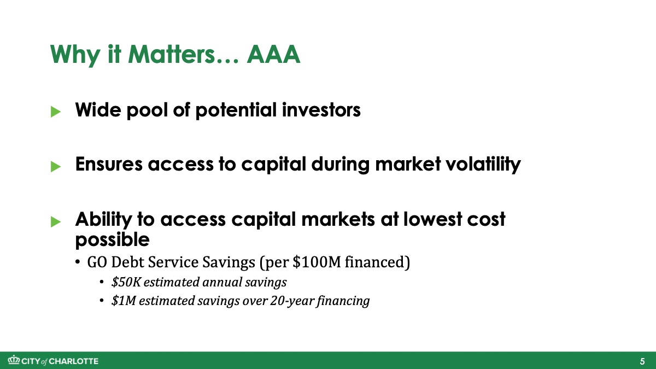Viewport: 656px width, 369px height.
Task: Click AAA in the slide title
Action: pyautogui.click(x=273, y=54)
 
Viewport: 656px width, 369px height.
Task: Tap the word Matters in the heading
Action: pyautogui.click(x=172, y=54)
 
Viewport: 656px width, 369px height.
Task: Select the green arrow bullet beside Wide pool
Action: pyautogui.click(x=56, y=112)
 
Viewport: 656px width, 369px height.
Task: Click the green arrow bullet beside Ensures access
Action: pyautogui.click(x=56, y=166)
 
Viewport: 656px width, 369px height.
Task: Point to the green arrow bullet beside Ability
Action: pyautogui.click(x=56, y=222)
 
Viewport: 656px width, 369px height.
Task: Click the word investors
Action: pyautogui.click(x=321, y=110)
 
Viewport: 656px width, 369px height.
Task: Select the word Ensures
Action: pyautogui.click(x=109, y=164)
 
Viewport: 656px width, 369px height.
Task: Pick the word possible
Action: pyautogui.click(x=113, y=239)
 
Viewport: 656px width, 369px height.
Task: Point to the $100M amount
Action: pyautogui.click(x=317, y=261)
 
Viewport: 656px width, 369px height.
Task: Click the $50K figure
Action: pyautogui.click(x=126, y=282)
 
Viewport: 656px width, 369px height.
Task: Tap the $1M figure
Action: pyautogui.click(x=124, y=301)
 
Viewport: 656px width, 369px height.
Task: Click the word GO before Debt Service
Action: pyautogui.click(x=97, y=262)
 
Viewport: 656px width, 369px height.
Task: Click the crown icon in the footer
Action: pyautogui.click(x=14, y=360)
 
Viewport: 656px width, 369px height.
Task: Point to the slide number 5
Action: pyautogui.click(x=642, y=361)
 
